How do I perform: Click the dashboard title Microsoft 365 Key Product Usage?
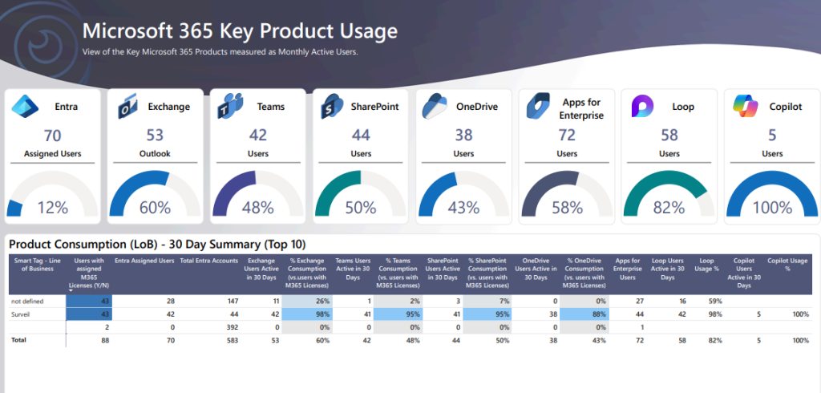click(x=241, y=31)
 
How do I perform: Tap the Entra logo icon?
click(x=24, y=106)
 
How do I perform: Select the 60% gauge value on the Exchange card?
click(x=155, y=208)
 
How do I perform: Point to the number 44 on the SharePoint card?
click(x=361, y=135)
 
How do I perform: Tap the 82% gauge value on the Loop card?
click(x=669, y=208)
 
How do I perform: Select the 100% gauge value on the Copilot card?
click(x=771, y=208)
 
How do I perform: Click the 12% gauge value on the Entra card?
click(x=53, y=208)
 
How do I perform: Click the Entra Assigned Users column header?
click(x=144, y=259)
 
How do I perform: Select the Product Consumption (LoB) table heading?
click(x=157, y=244)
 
